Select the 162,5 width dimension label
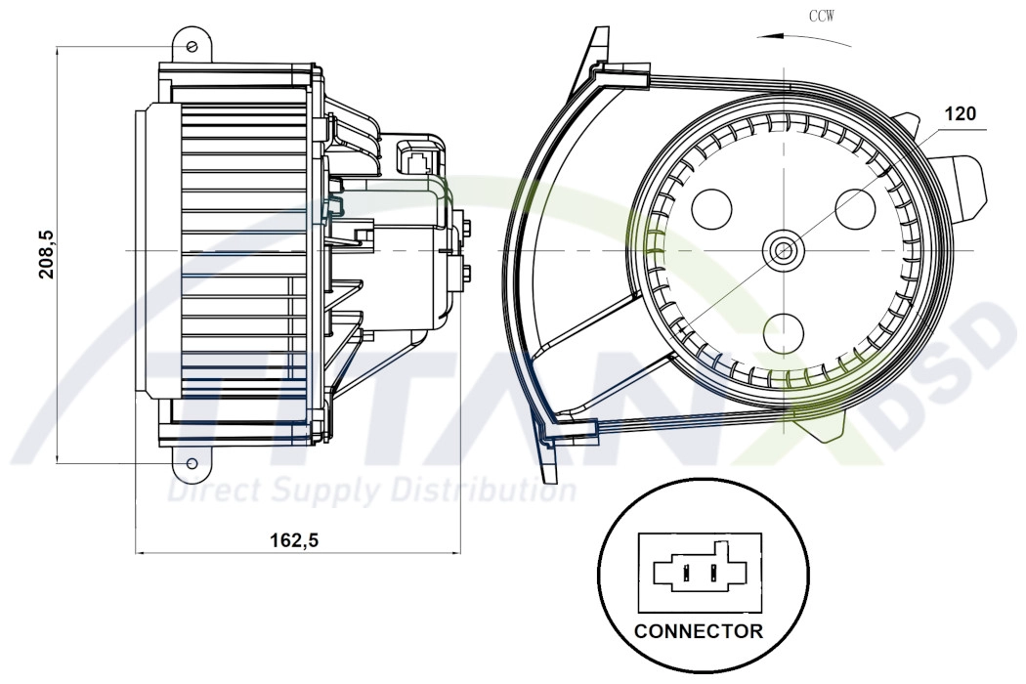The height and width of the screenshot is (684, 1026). (x=292, y=540)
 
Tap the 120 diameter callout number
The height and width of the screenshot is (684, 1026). (x=959, y=115)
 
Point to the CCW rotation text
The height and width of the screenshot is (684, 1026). (x=821, y=17)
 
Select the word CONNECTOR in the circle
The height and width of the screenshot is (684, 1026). (x=699, y=630)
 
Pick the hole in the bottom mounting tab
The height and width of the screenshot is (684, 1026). (x=192, y=462)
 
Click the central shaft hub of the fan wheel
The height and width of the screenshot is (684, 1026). (x=782, y=250)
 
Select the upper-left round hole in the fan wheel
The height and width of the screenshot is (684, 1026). (x=711, y=206)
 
